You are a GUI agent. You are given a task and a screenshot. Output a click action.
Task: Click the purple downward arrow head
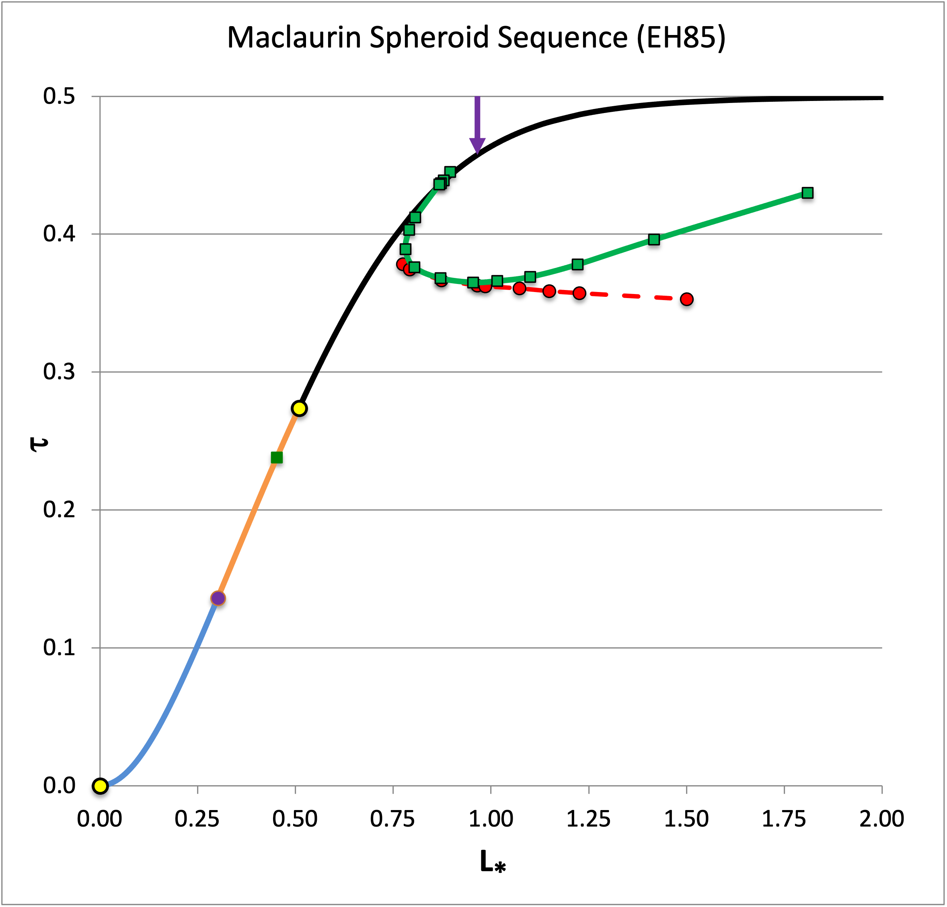pos(477,145)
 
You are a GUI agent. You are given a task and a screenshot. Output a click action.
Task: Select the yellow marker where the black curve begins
pos(300,408)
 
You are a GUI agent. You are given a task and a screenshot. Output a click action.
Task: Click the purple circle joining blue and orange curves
pos(218,598)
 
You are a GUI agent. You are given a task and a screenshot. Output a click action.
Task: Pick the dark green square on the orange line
pos(276,458)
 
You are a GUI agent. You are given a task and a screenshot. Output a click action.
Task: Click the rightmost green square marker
pos(807,193)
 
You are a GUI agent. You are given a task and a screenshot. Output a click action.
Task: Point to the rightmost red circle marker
pos(686,299)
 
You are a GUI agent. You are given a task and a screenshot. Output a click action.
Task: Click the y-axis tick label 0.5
pos(59,96)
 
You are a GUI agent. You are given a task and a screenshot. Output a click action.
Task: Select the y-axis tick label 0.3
pos(59,372)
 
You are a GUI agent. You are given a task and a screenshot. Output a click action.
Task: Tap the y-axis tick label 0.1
pos(59,648)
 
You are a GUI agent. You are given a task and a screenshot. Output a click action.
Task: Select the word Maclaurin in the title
pos(294,37)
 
